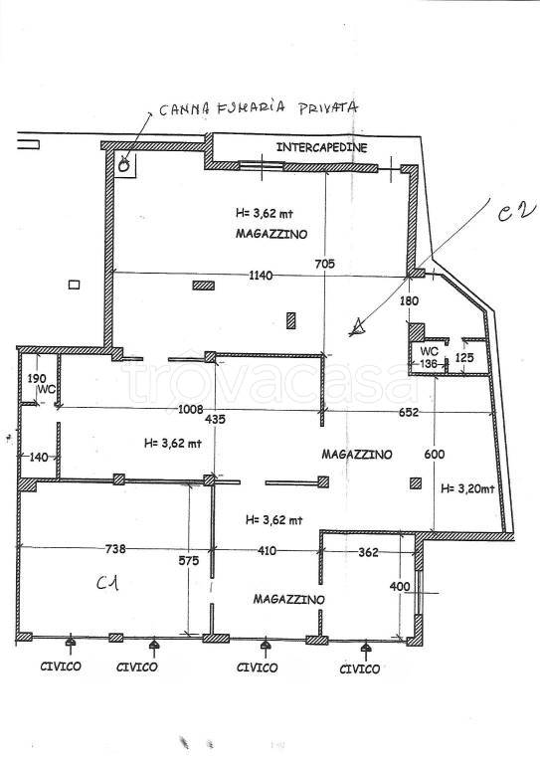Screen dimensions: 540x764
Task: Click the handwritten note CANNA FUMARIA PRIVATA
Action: (x=259, y=108)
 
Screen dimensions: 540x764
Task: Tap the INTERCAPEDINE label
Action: (x=322, y=147)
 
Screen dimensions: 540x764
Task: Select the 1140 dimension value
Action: (x=261, y=276)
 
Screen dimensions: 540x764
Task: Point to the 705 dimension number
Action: (x=325, y=264)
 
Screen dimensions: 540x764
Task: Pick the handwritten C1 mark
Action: (x=107, y=582)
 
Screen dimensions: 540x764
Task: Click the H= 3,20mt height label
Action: (x=467, y=488)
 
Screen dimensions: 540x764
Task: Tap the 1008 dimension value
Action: (x=190, y=409)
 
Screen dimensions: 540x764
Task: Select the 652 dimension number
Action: (x=409, y=412)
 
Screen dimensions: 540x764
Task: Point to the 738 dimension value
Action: (x=115, y=549)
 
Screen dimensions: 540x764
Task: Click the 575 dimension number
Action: (x=188, y=561)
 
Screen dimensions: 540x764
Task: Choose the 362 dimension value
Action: (x=368, y=552)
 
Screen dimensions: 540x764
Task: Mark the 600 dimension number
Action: (x=435, y=454)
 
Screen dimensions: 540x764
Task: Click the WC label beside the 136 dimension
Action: (x=429, y=351)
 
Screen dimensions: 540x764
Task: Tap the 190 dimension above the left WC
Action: (x=37, y=379)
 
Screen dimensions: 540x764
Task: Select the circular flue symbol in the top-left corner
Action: (x=123, y=166)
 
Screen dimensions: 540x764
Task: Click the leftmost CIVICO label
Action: (x=61, y=667)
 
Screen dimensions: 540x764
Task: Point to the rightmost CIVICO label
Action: (x=359, y=668)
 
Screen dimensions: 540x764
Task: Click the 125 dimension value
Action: (x=464, y=358)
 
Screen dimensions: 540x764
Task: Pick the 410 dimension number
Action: (x=267, y=551)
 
